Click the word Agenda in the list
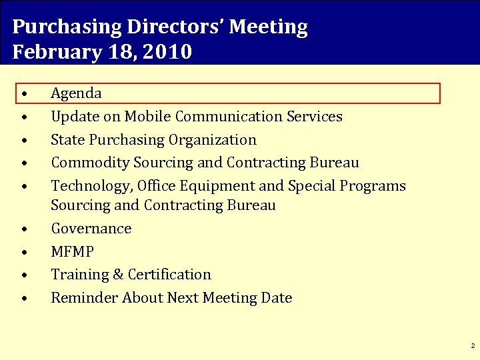pyautogui.click(x=76, y=93)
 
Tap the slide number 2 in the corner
pyautogui.click(x=473, y=346)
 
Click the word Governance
pyautogui.click(x=91, y=229)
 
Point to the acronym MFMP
pyautogui.click(x=72, y=252)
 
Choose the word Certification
pyautogui.click(x=169, y=275)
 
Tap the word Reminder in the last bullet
pyautogui.click(x=84, y=298)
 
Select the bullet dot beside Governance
pyautogui.click(x=23, y=229)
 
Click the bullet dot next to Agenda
pyautogui.click(x=23, y=94)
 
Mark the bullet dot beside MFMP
pyautogui.click(x=23, y=253)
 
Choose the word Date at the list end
pyautogui.click(x=277, y=298)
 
